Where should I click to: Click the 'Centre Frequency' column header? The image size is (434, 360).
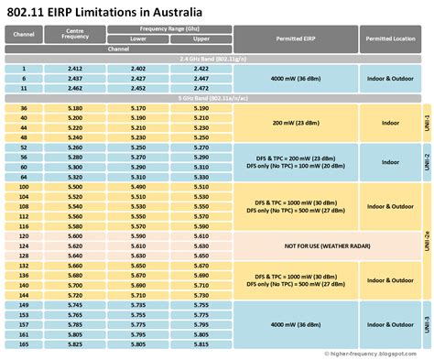pyautogui.click(x=75, y=36)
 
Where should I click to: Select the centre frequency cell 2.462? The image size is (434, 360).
pyautogui.click(x=75, y=89)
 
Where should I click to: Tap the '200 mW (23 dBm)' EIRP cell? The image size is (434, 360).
pyautogui.click(x=296, y=122)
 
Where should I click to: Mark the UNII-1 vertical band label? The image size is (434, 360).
pyautogui.click(x=426, y=122)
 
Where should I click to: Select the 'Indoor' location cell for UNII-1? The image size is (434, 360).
pyautogui.click(x=391, y=122)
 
